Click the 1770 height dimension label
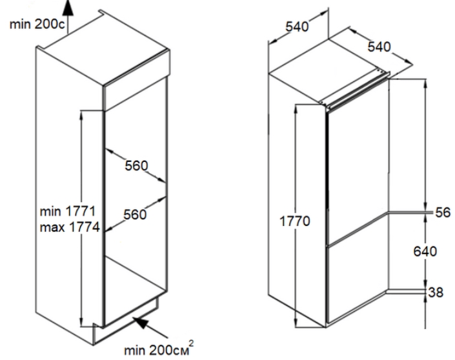click(295, 221)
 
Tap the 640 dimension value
click(425, 251)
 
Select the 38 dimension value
click(436, 292)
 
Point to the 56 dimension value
click(443, 212)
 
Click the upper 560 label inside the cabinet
click(136, 166)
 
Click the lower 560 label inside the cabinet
click(135, 215)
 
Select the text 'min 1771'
click(68, 211)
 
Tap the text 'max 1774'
click(70, 227)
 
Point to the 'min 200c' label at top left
click(37, 24)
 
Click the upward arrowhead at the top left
click(68, 7)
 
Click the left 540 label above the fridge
click(297, 26)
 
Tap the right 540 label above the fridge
click(379, 46)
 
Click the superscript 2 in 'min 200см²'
click(191, 343)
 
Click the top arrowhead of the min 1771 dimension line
click(81, 115)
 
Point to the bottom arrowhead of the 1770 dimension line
click(296, 323)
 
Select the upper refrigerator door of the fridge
click(358, 163)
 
